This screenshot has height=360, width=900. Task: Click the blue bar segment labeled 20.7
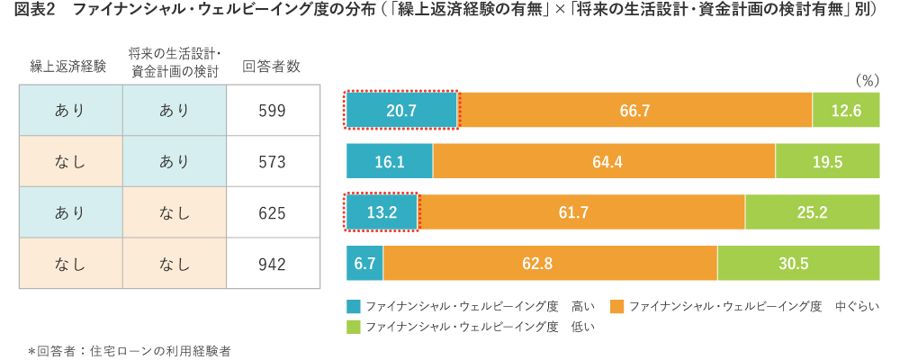point(401,111)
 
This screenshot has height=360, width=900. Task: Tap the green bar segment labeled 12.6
point(846,111)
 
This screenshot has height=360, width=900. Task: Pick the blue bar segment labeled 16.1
point(390,162)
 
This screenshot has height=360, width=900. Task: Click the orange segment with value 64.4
point(604,162)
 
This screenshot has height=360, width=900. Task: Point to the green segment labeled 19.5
point(828,162)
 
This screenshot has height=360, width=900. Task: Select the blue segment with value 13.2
point(382,212)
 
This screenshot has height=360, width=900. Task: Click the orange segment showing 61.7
point(582,212)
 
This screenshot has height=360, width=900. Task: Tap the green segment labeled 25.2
point(813,212)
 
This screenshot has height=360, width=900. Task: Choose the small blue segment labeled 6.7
point(364,264)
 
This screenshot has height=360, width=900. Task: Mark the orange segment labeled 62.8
point(550,264)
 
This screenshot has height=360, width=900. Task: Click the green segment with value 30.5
point(798,264)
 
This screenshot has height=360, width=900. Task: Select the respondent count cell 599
point(272,111)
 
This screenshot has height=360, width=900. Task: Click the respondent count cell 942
point(272,264)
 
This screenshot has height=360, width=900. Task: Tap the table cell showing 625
point(272,213)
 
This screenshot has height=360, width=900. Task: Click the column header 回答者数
point(272,66)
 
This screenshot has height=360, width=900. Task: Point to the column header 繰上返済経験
point(68,66)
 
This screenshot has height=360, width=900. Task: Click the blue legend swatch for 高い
point(353,307)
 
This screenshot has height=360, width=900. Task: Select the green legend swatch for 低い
point(353,327)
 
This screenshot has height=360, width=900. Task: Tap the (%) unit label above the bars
point(866,80)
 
